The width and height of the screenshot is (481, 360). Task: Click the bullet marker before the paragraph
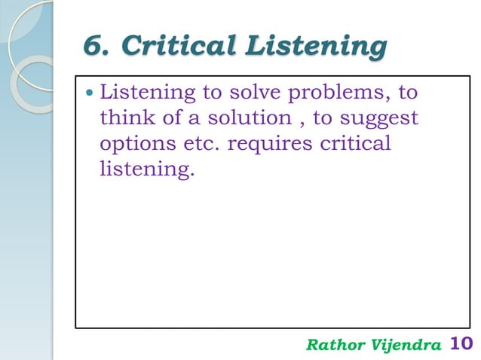tap(90, 96)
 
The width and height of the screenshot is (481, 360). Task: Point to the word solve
tap(246, 96)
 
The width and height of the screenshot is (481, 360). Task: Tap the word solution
tap(233, 120)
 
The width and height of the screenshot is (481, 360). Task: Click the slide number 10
tap(460, 344)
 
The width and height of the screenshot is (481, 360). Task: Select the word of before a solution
tap(166, 120)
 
